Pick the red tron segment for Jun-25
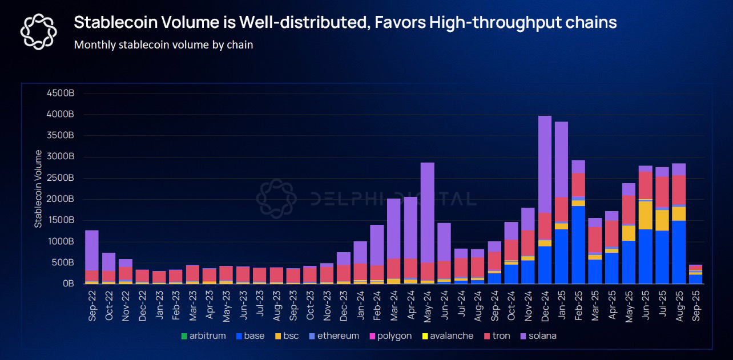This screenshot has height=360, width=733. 646,185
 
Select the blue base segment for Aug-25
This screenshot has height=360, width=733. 679,252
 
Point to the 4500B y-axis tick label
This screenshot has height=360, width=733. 62,93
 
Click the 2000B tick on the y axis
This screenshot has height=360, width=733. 62,199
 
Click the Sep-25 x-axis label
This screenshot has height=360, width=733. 696,305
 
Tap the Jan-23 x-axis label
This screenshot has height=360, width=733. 160,305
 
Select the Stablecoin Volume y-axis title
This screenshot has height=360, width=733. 38,189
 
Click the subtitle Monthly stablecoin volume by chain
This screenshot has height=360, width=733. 163,45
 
